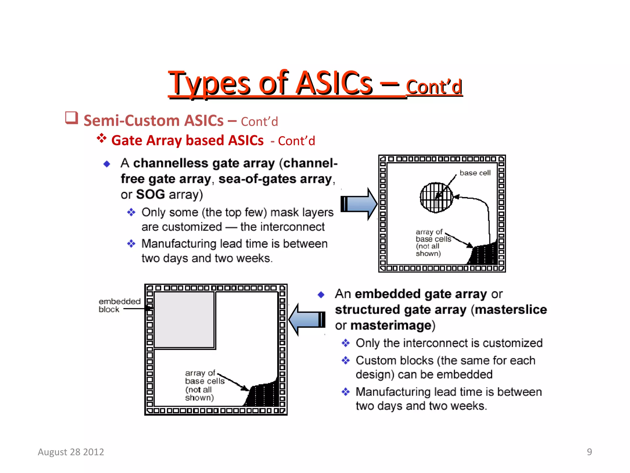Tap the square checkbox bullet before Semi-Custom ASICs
[71, 118]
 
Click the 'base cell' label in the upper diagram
[475, 173]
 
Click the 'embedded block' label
[119, 305]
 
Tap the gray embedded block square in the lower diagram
[184, 320]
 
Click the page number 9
[589, 452]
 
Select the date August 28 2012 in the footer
[71, 452]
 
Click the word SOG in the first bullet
[150, 195]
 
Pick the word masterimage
[391, 325]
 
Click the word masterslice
[511, 310]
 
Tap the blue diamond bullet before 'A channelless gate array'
[107, 164]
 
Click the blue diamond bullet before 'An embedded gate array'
[321, 295]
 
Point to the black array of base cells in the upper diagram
[484, 254]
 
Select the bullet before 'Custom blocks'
[346, 360]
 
